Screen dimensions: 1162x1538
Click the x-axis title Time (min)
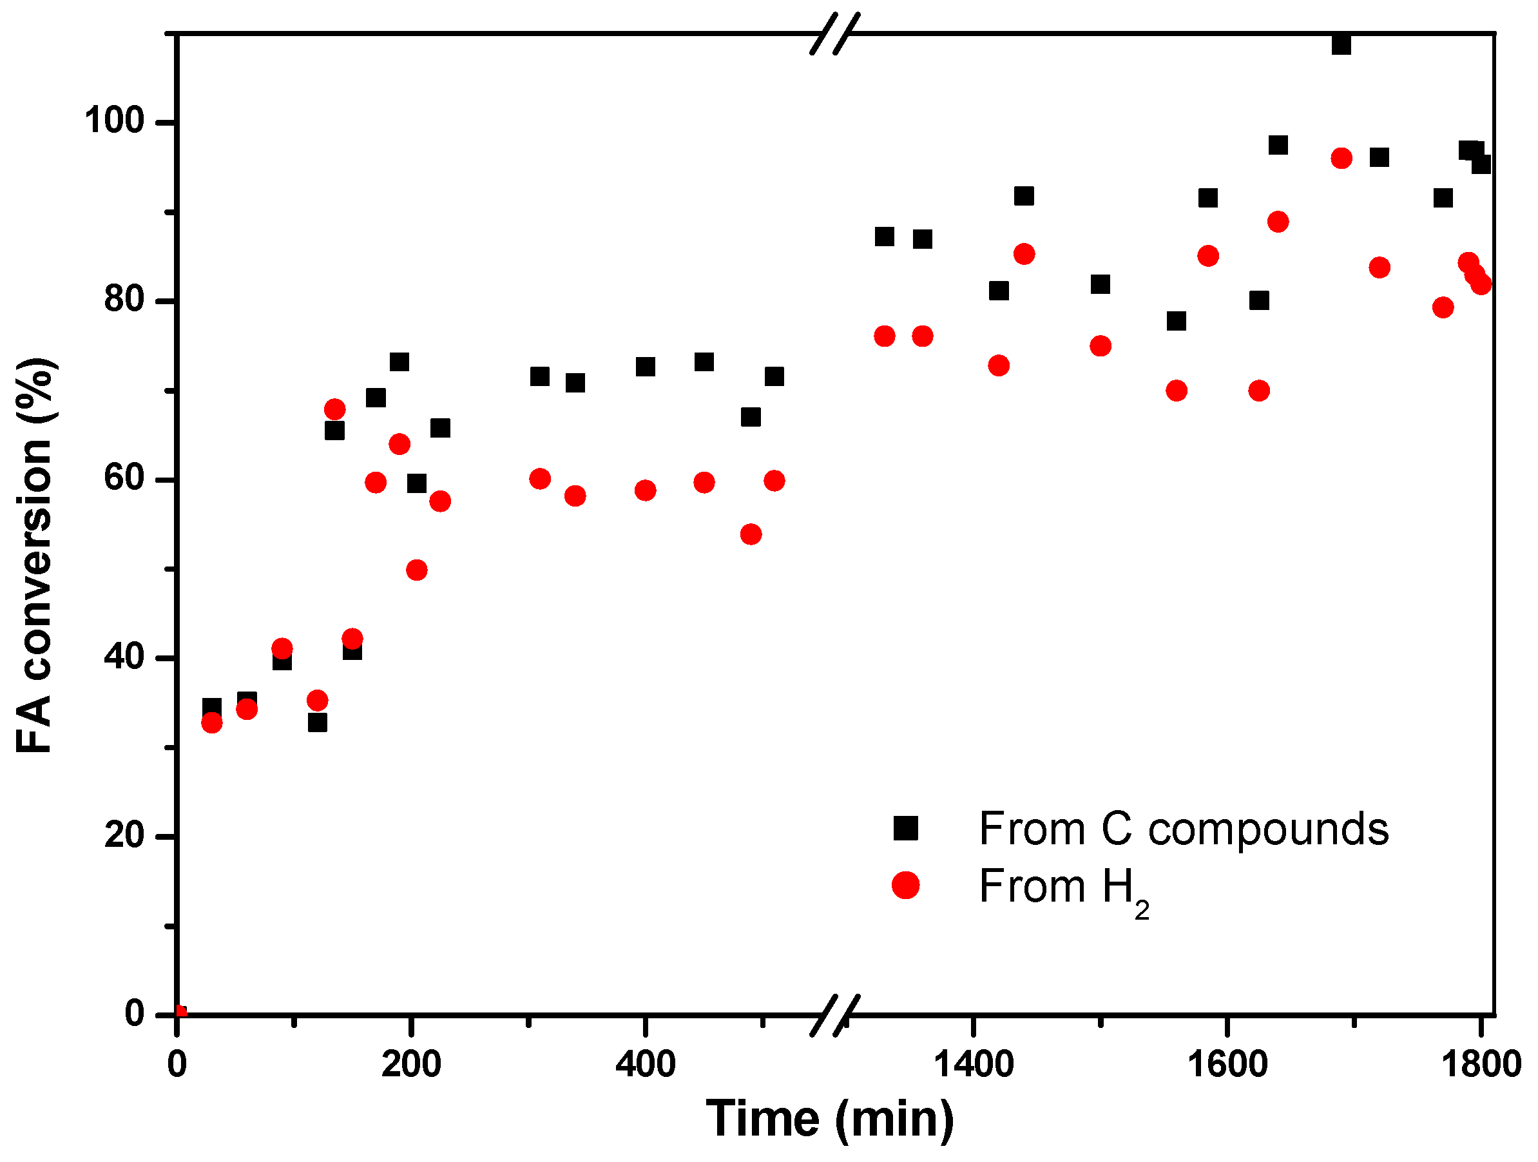coord(830,1119)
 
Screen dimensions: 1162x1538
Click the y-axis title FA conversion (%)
coord(35,556)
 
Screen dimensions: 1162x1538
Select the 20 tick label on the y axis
coord(124,835)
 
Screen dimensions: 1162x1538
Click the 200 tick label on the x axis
coord(411,1065)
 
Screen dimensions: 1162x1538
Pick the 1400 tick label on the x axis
coord(973,1065)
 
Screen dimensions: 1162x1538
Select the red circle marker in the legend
coord(905,886)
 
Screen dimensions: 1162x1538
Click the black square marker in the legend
coord(905,828)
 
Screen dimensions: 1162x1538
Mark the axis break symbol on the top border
coord(835,34)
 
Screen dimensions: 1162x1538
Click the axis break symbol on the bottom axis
coord(835,1016)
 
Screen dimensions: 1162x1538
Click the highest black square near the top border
coord(1341,44)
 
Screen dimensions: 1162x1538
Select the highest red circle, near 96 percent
coord(1341,159)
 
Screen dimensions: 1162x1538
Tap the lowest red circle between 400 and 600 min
coord(751,534)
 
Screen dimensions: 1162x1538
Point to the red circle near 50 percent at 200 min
coord(416,570)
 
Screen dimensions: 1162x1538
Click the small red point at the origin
coord(180,1012)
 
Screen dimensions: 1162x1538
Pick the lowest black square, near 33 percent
coord(317,722)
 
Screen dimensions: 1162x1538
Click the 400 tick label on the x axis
coord(645,1065)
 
